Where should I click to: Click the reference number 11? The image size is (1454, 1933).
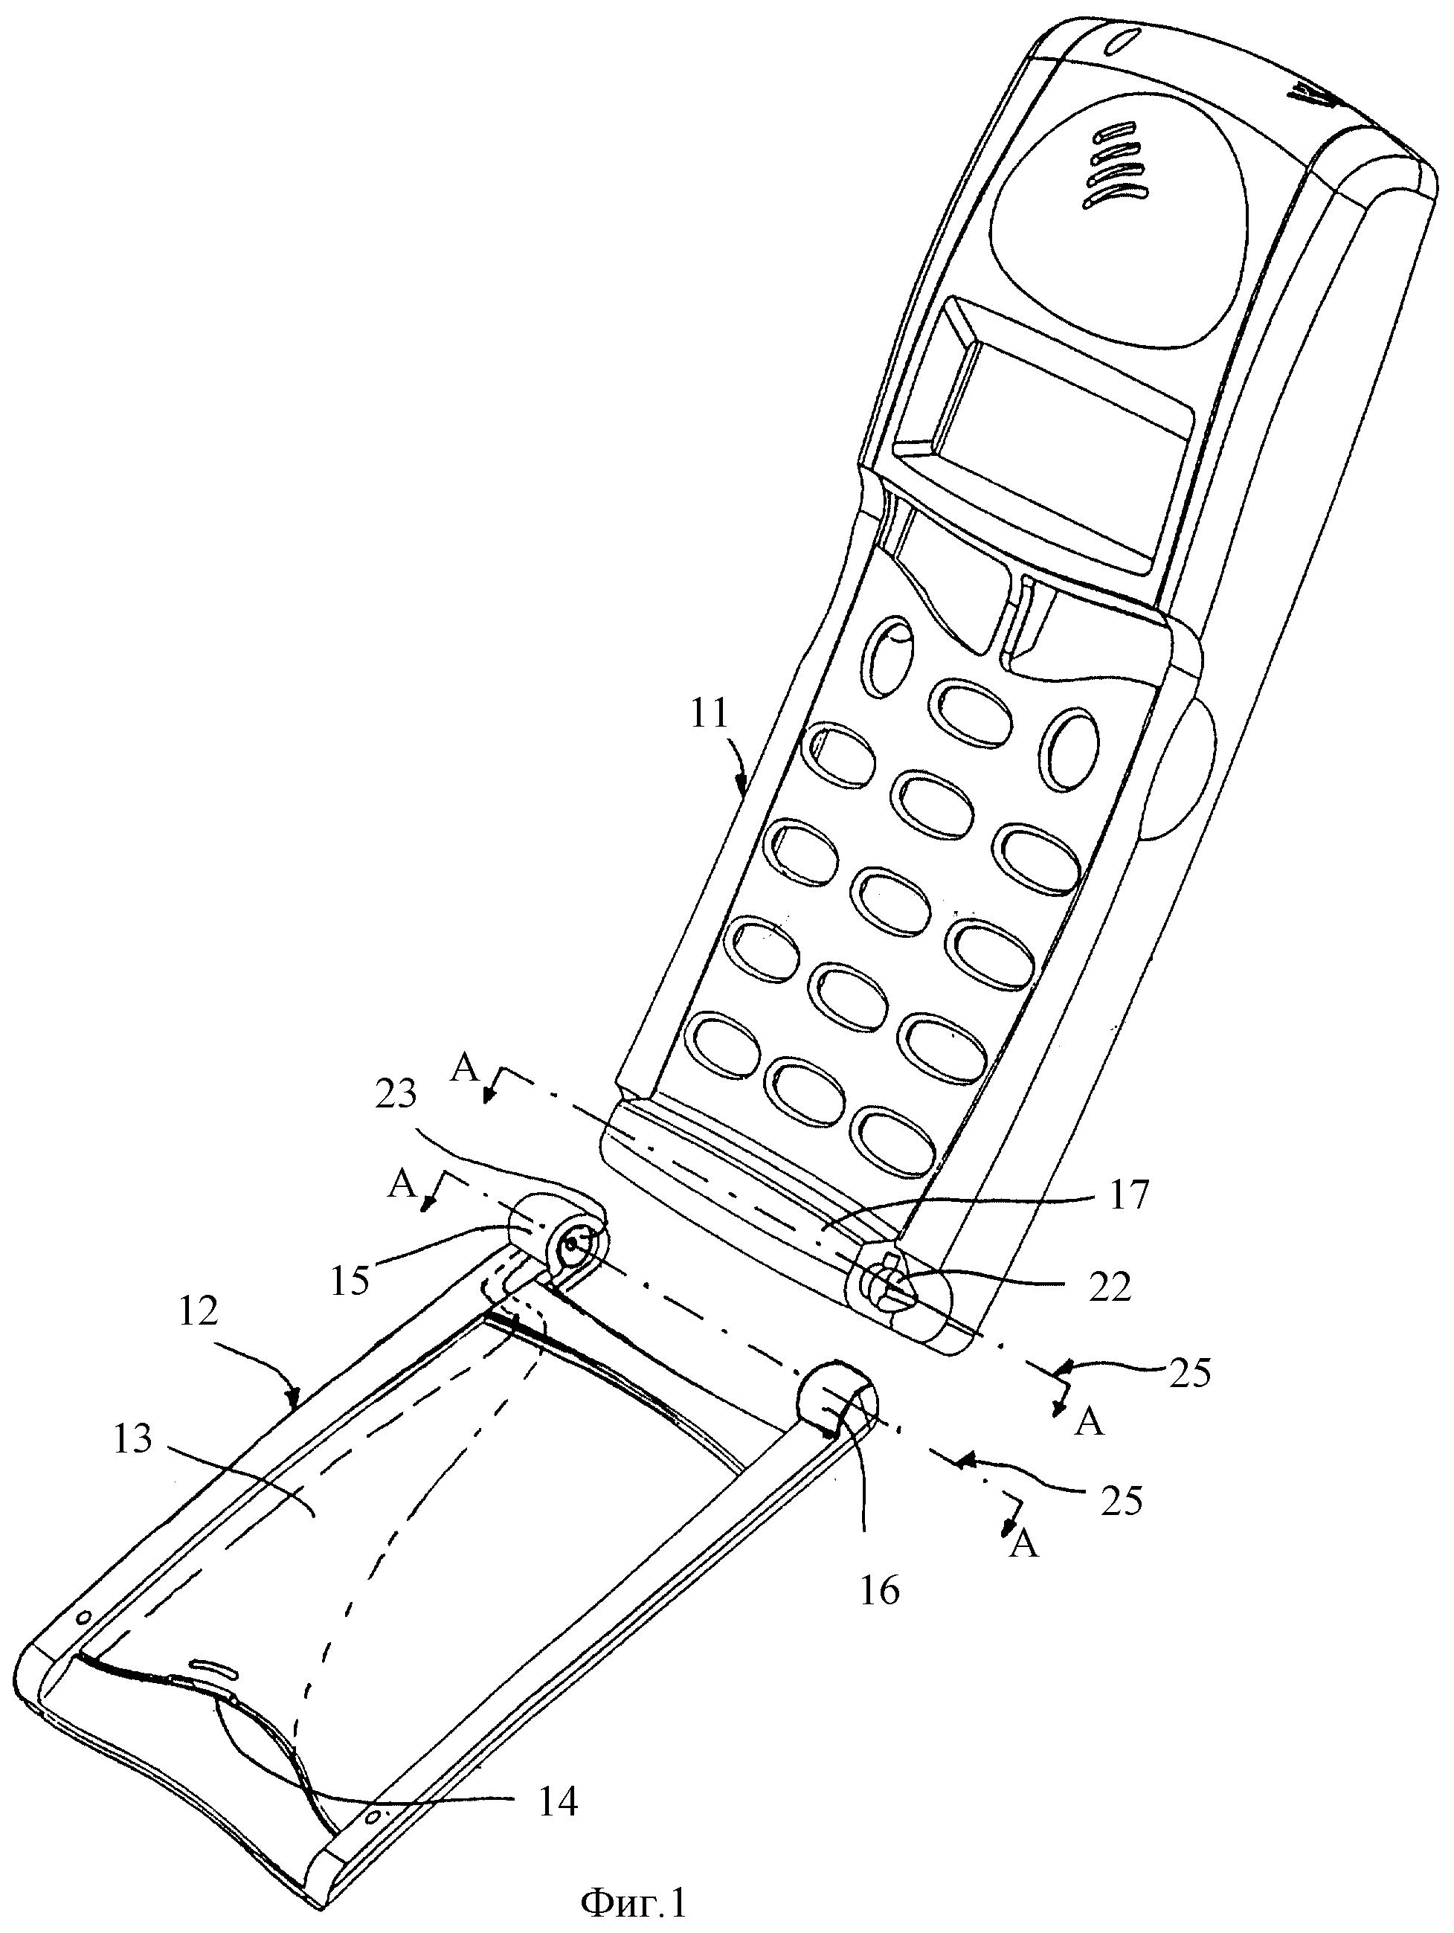710,714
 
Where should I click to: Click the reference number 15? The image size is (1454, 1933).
350,1280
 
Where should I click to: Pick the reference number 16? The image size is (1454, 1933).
879,1592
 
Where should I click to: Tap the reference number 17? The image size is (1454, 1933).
1130,1194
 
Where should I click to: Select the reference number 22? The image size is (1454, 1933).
1110,1287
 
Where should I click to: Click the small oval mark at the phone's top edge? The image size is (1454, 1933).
1128,41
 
